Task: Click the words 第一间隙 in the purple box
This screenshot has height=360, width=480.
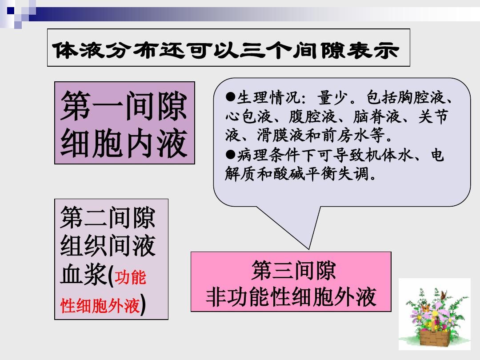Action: click(124, 106)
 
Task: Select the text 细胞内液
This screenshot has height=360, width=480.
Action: click(124, 143)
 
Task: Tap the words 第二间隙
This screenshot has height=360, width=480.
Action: click(108, 218)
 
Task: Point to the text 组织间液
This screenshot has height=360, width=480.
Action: click(108, 246)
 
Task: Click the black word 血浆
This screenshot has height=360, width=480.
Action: click(83, 276)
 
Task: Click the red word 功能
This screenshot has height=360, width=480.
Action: click(130, 278)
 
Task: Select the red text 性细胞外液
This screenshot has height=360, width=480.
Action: click(100, 306)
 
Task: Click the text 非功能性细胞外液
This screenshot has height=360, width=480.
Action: click(291, 297)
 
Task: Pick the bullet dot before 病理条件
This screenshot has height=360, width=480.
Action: click(230, 154)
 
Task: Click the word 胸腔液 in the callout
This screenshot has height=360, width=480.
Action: click(421, 97)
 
